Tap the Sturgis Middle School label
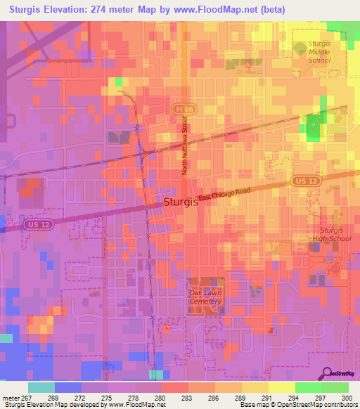tap(319, 53)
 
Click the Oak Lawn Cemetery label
tap(205, 297)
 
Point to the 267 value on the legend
tap(25, 397)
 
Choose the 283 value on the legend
tap(186, 397)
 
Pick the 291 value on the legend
tap(266, 397)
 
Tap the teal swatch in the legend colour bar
tap(41, 387)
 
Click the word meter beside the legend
tap(10, 397)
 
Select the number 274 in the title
tap(119, 8)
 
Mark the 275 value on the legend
tap(106, 397)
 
